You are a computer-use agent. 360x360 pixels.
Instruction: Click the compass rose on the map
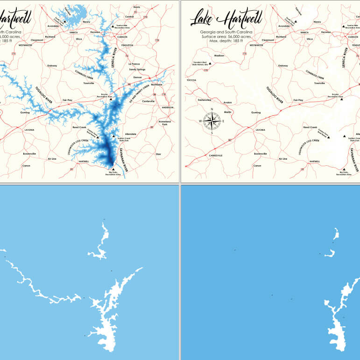(x=212, y=121)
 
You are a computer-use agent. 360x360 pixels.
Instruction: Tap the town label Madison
(x=219, y=56)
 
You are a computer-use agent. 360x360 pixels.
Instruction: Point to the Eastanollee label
(x=205, y=99)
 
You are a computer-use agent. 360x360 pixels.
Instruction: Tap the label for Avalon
(x=227, y=102)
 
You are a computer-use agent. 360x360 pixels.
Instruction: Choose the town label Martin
(x=228, y=112)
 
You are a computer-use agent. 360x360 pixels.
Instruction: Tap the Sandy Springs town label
(x=137, y=69)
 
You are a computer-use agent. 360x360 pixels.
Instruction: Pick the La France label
(x=134, y=64)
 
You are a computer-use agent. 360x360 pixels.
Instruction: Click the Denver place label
(x=137, y=77)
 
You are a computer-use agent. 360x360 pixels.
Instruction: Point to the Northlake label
(x=156, y=85)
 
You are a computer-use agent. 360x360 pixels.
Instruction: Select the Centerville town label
(x=148, y=101)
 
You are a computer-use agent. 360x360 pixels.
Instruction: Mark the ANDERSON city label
(x=167, y=107)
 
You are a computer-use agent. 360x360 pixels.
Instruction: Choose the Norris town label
(x=136, y=7)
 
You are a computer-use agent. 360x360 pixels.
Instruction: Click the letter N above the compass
(x=212, y=109)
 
